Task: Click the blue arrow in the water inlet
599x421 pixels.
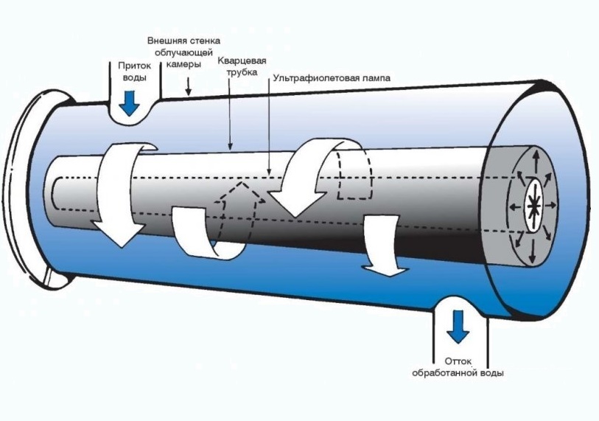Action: (x=130, y=103)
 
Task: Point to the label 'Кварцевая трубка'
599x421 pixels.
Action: (x=241, y=68)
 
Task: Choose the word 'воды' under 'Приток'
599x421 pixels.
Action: (x=133, y=77)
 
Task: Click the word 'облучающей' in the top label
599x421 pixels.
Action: (x=183, y=52)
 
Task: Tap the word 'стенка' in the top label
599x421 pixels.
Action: (x=203, y=40)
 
